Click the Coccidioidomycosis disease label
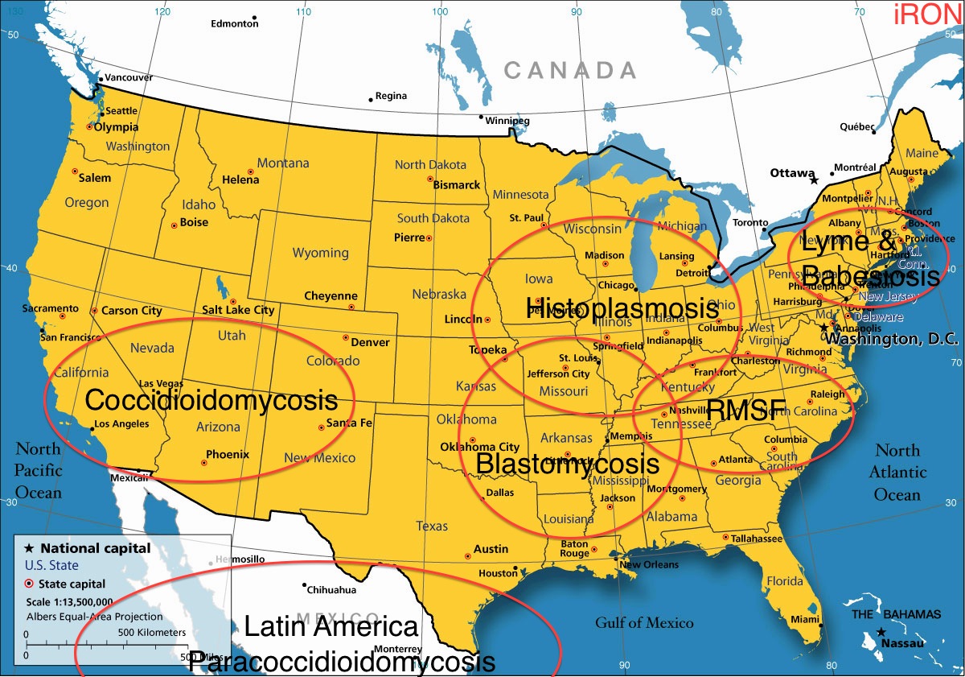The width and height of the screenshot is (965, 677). [x=211, y=400]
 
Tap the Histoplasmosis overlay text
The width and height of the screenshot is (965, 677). [x=622, y=308]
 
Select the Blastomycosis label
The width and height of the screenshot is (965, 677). [x=567, y=464]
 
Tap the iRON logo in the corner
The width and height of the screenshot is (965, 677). [x=928, y=14]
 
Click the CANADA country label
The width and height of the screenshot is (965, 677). [x=569, y=71]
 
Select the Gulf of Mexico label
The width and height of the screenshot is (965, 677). [x=644, y=622]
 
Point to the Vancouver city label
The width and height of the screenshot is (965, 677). [x=129, y=77]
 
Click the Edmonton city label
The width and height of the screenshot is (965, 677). [x=234, y=24]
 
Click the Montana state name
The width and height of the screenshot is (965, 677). [x=283, y=163]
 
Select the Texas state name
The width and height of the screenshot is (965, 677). [x=432, y=526]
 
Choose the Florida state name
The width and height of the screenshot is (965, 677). [x=784, y=580]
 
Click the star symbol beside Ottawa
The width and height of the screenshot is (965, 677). [x=814, y=180]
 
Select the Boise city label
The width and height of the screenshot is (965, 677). [x=194, y=222]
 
